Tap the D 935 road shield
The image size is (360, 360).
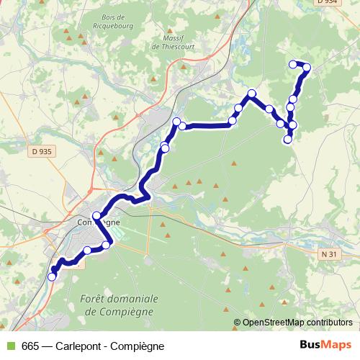42,151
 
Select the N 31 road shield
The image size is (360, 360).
328,254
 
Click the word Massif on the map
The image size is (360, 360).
174,37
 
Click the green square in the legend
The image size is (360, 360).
9,346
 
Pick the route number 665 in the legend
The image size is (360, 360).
30,346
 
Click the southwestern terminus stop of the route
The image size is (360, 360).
52,276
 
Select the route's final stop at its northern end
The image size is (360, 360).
293,64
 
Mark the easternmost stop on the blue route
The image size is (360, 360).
307,68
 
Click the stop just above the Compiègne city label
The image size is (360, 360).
96,215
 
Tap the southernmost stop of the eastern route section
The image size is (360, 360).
288,140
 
